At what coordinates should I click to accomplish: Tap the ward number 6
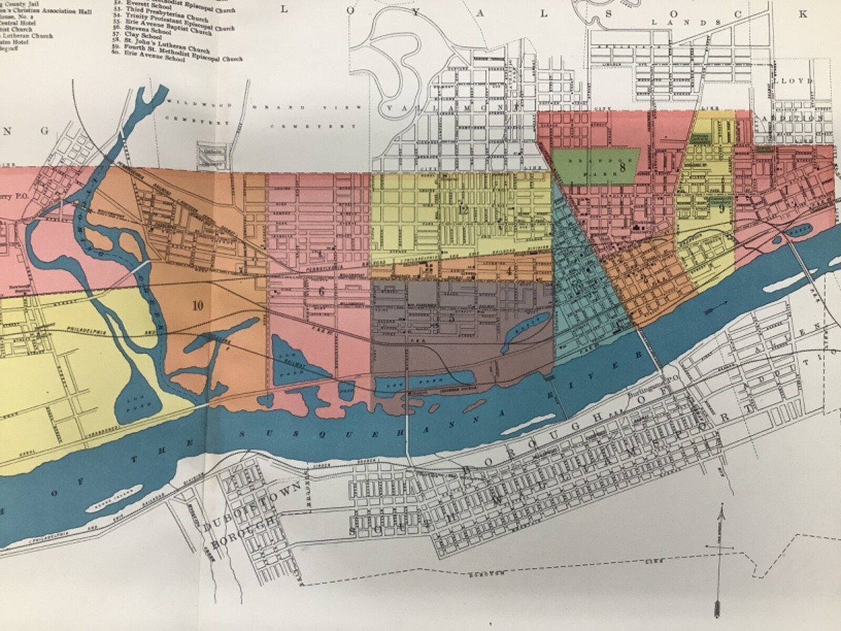pos(321,292)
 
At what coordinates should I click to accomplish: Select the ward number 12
pos(462,210)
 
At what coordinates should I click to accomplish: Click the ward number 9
pos(720,208)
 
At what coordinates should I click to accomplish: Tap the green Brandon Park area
pos(596,165)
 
